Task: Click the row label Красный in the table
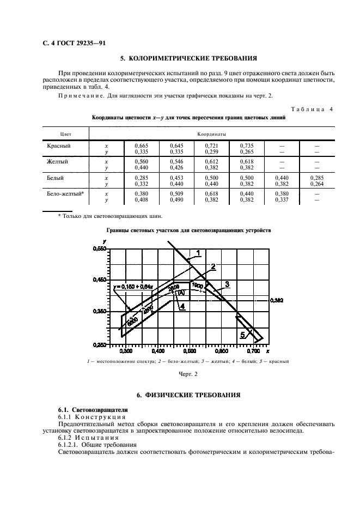[59, 145]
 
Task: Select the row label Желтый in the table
[58, 161]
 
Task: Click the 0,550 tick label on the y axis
[100, 248]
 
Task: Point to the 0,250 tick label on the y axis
[100, 345]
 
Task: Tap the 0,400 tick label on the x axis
[157, 352]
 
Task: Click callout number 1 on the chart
[199, 252]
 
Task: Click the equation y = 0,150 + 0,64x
[134, 286]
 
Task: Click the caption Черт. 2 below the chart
[189, 373]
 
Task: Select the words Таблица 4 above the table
[314, 109]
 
